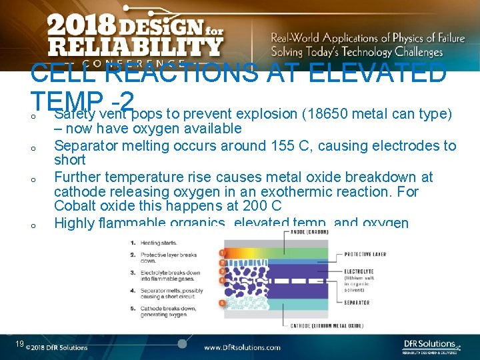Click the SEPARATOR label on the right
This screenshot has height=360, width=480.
click(x=357, y=302)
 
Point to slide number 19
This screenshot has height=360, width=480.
click(x=20, y=343)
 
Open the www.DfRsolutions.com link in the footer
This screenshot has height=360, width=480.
click(x=242, y=347)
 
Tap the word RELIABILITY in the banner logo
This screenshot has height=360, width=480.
click(x=135, y=47)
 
